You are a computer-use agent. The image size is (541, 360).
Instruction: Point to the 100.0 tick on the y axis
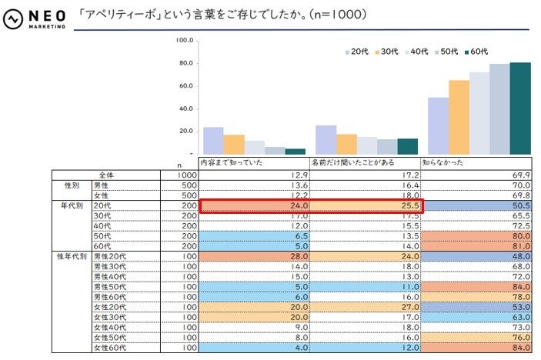coord(183,40)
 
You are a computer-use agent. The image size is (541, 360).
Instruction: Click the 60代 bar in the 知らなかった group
coord(520,108)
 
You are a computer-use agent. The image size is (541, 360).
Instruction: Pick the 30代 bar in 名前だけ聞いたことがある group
coord(346,144)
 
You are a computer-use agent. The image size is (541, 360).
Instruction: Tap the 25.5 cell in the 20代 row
coord(365,206)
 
